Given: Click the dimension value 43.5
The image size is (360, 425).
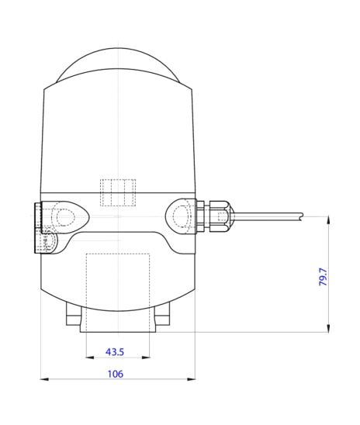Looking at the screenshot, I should tap(115, 352).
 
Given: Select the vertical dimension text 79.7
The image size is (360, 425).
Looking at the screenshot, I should tap(324, 277).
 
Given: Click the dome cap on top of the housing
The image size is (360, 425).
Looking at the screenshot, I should tap(117, 66).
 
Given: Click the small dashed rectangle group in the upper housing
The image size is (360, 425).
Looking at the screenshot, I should tap(118, 193).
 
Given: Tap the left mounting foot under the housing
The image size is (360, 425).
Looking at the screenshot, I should tap(74, 316).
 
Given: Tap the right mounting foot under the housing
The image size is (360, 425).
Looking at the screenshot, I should tap(162, 316).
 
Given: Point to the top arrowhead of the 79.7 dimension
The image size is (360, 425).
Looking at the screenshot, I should tap(330, 220).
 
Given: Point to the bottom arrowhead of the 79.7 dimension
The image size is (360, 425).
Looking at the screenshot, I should tap(330, 329).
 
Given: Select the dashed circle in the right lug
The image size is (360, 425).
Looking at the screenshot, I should tap(181, 215).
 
